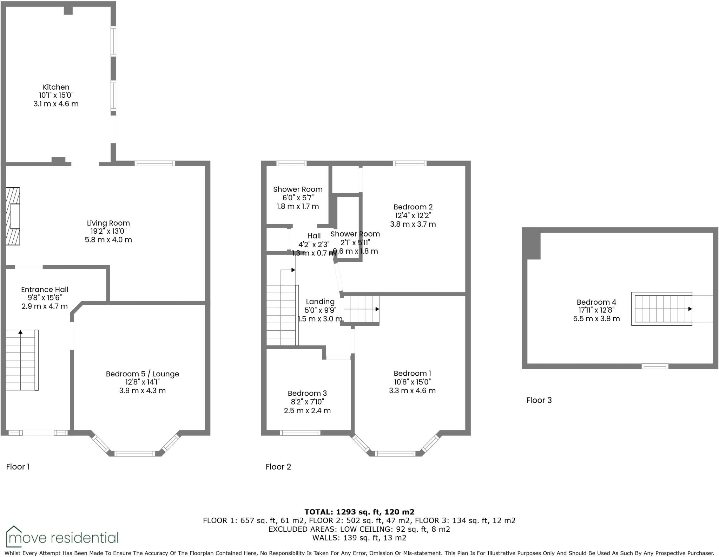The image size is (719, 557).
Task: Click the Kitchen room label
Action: click(56, 87)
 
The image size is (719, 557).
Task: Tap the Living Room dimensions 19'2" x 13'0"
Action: click(108, 231)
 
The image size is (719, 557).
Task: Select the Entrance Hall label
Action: click(45, 290)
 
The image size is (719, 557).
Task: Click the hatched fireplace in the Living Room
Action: click(13, 216)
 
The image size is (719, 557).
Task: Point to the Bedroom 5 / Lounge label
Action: click(142, 374)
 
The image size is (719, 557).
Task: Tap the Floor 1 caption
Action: click(18, 467)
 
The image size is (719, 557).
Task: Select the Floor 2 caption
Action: click(278, 467)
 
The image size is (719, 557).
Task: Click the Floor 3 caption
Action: click(539, 400)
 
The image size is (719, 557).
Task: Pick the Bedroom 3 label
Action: click(307, 393)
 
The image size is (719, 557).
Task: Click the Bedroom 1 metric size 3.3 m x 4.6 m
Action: click(412, 390)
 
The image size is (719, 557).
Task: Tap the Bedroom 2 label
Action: click(413, 207)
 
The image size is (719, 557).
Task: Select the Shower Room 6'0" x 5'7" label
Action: click(298, 189)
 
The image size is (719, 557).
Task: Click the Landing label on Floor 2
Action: click(320, 302)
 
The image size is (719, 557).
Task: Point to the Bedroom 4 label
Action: click(596, 302)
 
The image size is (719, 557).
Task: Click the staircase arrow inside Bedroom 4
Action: click(690, 309)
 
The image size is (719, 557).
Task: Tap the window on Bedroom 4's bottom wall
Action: click(655, 366)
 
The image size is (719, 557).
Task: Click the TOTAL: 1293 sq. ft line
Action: click(359, 512)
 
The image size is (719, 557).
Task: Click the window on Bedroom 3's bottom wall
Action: click(300, 433)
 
